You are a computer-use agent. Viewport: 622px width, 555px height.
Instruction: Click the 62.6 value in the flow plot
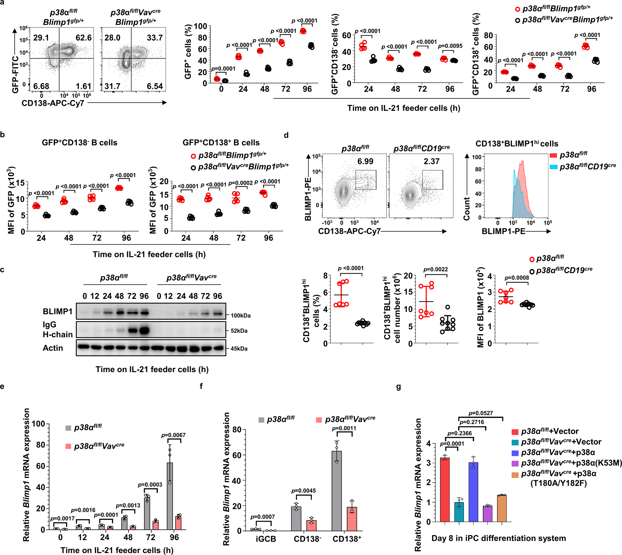83,38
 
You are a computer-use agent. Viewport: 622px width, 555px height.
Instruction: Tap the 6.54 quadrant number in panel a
155,86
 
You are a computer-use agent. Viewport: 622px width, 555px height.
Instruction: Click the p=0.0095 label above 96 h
450,46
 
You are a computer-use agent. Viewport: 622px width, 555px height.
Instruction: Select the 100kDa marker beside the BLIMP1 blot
241,315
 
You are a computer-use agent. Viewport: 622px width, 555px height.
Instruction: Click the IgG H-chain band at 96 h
144,330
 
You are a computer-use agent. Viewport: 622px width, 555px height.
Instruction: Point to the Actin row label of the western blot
53,348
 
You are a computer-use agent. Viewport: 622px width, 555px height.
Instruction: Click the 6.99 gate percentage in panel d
365,161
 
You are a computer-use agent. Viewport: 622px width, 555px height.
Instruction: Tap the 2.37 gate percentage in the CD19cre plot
431,161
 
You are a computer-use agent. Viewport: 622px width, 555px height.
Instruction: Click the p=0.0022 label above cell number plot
435,269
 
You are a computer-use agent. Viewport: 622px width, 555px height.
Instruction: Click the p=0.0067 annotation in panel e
173,435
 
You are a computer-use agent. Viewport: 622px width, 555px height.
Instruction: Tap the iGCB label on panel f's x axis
266,539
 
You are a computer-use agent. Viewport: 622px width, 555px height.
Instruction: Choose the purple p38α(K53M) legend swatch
515,463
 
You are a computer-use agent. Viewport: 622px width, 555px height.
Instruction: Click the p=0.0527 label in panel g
480,413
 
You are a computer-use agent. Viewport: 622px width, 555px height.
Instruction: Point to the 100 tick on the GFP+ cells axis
200,26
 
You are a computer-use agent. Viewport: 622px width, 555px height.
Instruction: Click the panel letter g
398,387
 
